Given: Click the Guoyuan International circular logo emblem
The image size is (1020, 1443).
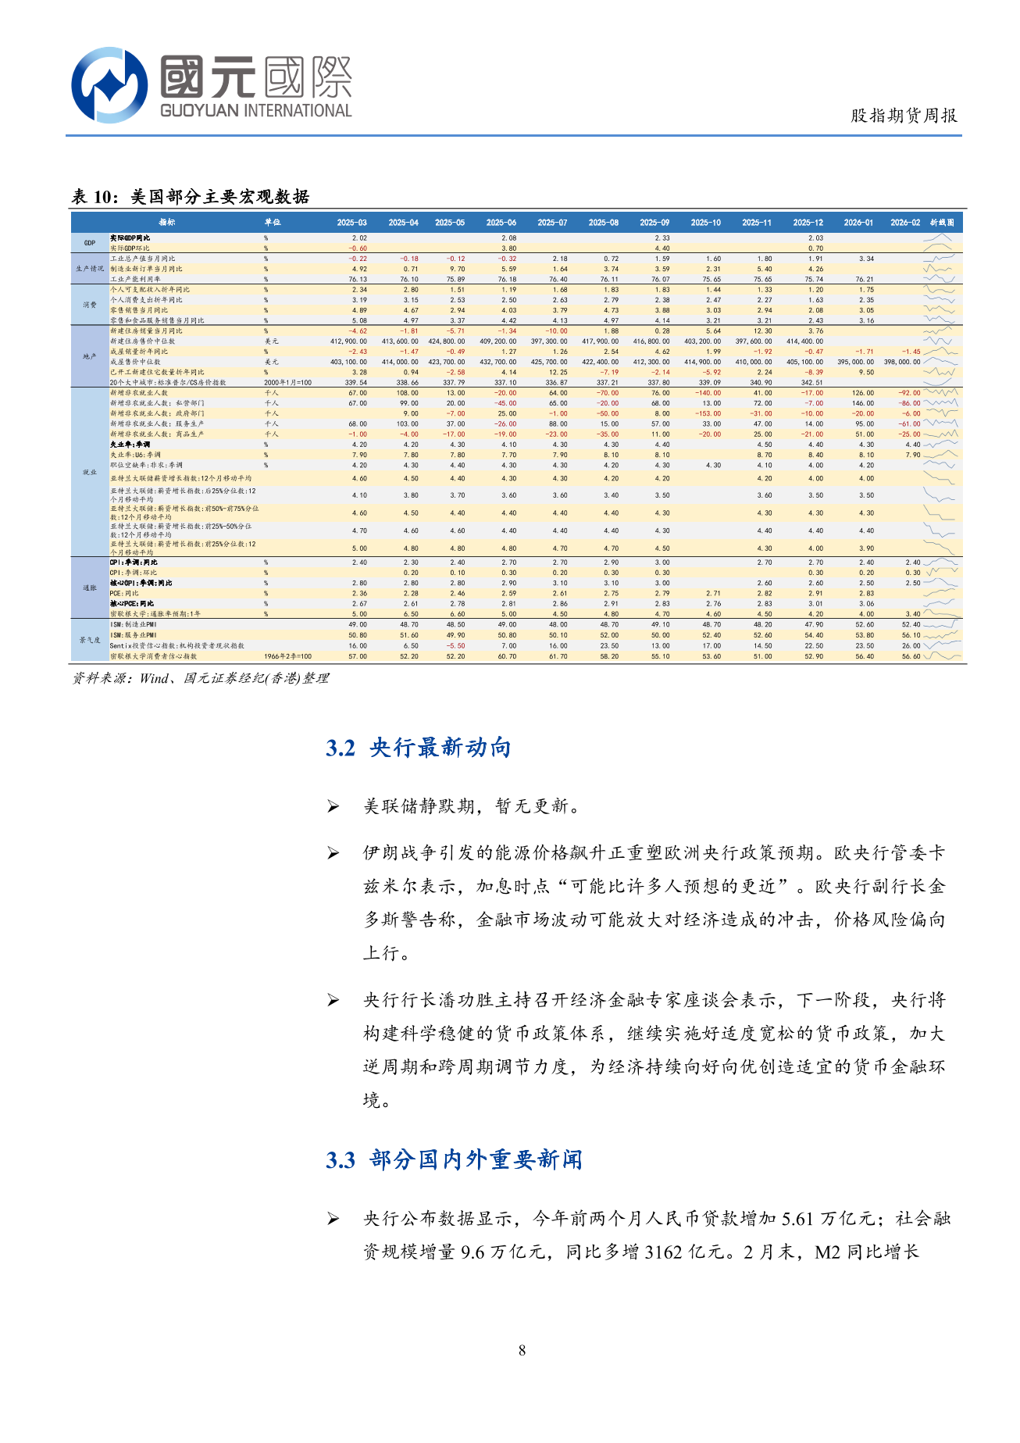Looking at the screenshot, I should coord(109,84).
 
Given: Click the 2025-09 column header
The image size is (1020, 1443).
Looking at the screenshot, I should coord(654,223).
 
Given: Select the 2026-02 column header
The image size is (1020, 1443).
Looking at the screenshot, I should coord(905,223).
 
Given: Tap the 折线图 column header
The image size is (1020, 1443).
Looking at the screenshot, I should coord(942,223).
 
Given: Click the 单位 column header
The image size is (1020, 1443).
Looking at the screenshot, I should coord(272,223).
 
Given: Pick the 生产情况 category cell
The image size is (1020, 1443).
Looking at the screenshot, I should coord(90,269).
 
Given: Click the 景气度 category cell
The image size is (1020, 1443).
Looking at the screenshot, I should coord(90,641).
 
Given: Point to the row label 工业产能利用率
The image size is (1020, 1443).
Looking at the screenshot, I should coord(135,279).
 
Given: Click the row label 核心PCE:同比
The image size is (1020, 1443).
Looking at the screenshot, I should coord(132,604).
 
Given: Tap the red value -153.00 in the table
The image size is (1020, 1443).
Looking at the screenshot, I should coord(710,414).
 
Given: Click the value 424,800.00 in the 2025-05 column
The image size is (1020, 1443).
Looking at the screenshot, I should coord(447,341).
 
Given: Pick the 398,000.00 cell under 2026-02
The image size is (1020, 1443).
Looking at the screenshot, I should coord(902,362).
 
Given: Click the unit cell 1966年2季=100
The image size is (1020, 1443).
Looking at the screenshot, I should coord(287,656).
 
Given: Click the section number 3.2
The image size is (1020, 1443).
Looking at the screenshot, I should coord(341,748).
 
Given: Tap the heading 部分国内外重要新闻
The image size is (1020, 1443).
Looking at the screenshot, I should coord(476,1159).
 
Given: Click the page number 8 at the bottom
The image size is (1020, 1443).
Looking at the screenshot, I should coord(522,1350).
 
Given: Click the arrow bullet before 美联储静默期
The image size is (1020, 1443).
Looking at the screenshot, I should coord(333,806).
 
